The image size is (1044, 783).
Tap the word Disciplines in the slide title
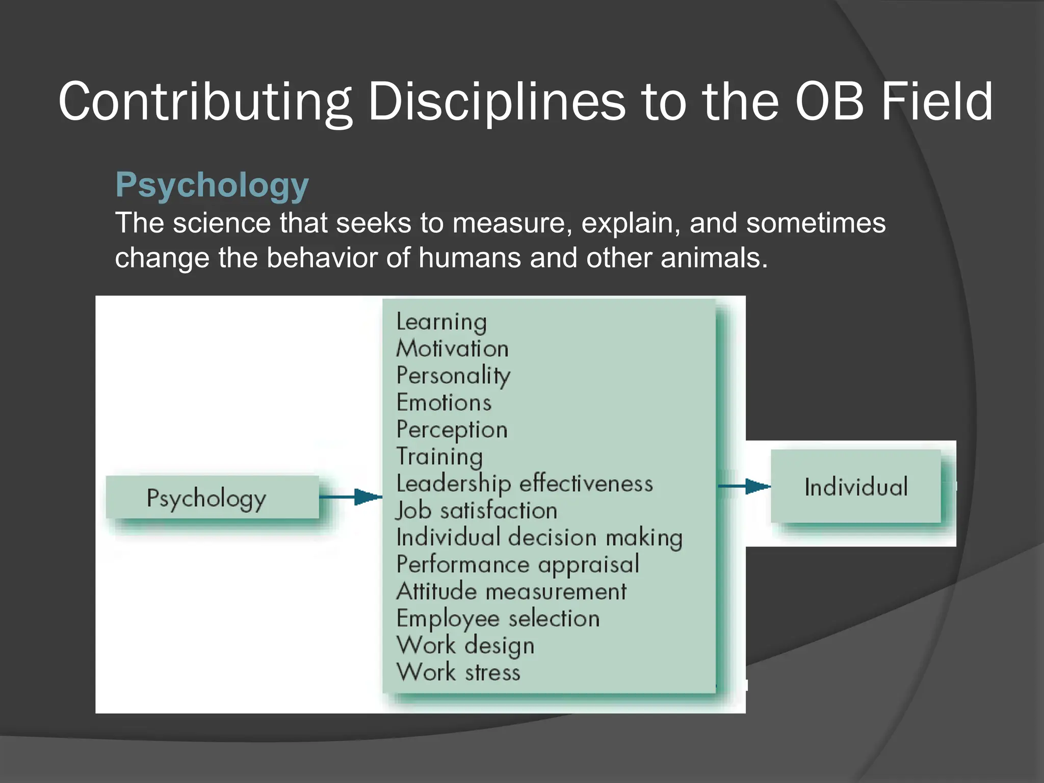[x=496, y=101]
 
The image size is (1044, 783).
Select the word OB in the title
[x=829, y=101]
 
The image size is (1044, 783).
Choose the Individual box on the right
[x=855, y=486]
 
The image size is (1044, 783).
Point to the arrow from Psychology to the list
[x=351, y=497]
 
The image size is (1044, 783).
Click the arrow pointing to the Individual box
[x=744, y=486]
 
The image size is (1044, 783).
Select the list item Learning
[x=441, y=322]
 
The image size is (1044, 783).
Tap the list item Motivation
[x=452, y=349]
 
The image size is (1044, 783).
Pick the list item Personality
[x=453, y=376]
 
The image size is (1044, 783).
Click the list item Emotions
[x=444, y=403]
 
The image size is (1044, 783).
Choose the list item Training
[x=439, y=457]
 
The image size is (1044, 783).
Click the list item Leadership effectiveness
[x=524, y=483]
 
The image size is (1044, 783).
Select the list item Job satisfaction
[x=477, y=511]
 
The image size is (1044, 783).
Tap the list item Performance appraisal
[x=517, y=565]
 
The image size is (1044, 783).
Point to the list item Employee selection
[x=498, y=619]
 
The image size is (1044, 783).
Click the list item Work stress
[x=458, y=672]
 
